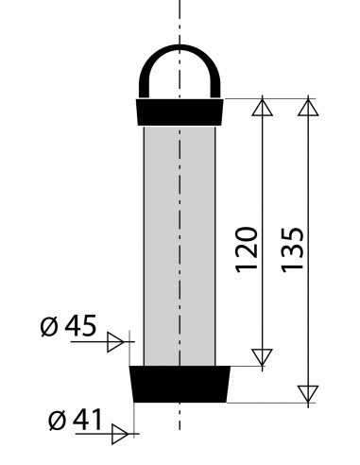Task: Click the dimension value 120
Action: click(x=247, y=250)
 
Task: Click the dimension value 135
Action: click(x=293, y=250)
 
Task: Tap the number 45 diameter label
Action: click(x=80, y=326)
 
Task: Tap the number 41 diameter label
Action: click(x=87, y=420)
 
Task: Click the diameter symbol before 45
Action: click(x=50, y=326)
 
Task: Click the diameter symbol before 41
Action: click(x=58, y=420)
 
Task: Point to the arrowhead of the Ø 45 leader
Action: click(x=115, y=341)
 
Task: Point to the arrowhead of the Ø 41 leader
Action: click(x=120, y=434)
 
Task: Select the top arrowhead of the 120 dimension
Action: click(x=263, y=107)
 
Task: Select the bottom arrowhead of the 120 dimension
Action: click(x=263, y=357)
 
